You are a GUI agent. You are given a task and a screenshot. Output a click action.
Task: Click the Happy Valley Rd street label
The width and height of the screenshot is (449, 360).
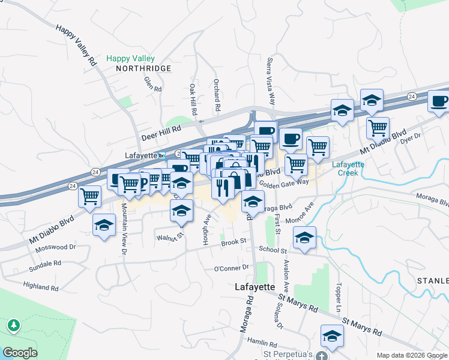76,45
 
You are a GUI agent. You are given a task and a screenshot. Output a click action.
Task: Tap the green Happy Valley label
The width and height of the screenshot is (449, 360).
130,59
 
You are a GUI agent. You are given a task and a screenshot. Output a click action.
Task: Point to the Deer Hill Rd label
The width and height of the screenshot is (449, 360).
161,133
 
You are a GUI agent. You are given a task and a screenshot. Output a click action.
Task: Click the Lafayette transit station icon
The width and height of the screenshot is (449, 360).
161,155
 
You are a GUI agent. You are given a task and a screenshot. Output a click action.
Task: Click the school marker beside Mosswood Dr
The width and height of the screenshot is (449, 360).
104,224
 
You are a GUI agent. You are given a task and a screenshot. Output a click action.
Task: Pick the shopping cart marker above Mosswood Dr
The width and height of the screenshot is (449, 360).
89,194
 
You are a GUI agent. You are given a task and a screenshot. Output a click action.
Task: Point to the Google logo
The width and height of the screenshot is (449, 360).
20,353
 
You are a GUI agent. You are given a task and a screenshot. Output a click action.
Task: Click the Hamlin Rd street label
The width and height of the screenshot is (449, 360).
265,344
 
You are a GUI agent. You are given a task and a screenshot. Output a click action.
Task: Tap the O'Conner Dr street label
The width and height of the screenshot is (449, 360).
231,268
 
